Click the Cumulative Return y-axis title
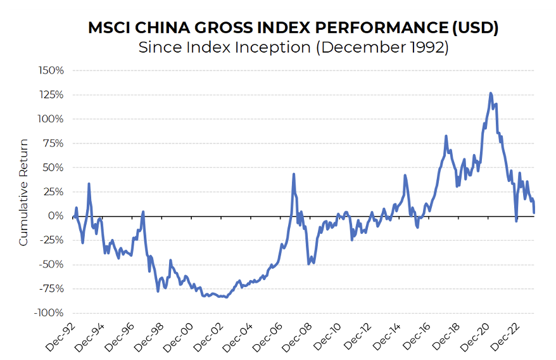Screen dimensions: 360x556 pyautogui.click(x=23, y=192)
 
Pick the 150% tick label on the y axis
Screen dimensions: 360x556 pyautogui.click(x=52, y=70)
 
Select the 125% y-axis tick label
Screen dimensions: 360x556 pyautogui.click(x=52, y=94)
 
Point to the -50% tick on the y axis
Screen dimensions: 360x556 pyautogui.click(x=52, y=264)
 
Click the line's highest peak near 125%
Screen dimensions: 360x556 pyautogui.click(x=491, y=94)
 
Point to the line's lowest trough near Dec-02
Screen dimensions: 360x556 pyautogui.click(x=226, y=297)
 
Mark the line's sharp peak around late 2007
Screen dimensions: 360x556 pyautogui.click(x=294, y=174)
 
